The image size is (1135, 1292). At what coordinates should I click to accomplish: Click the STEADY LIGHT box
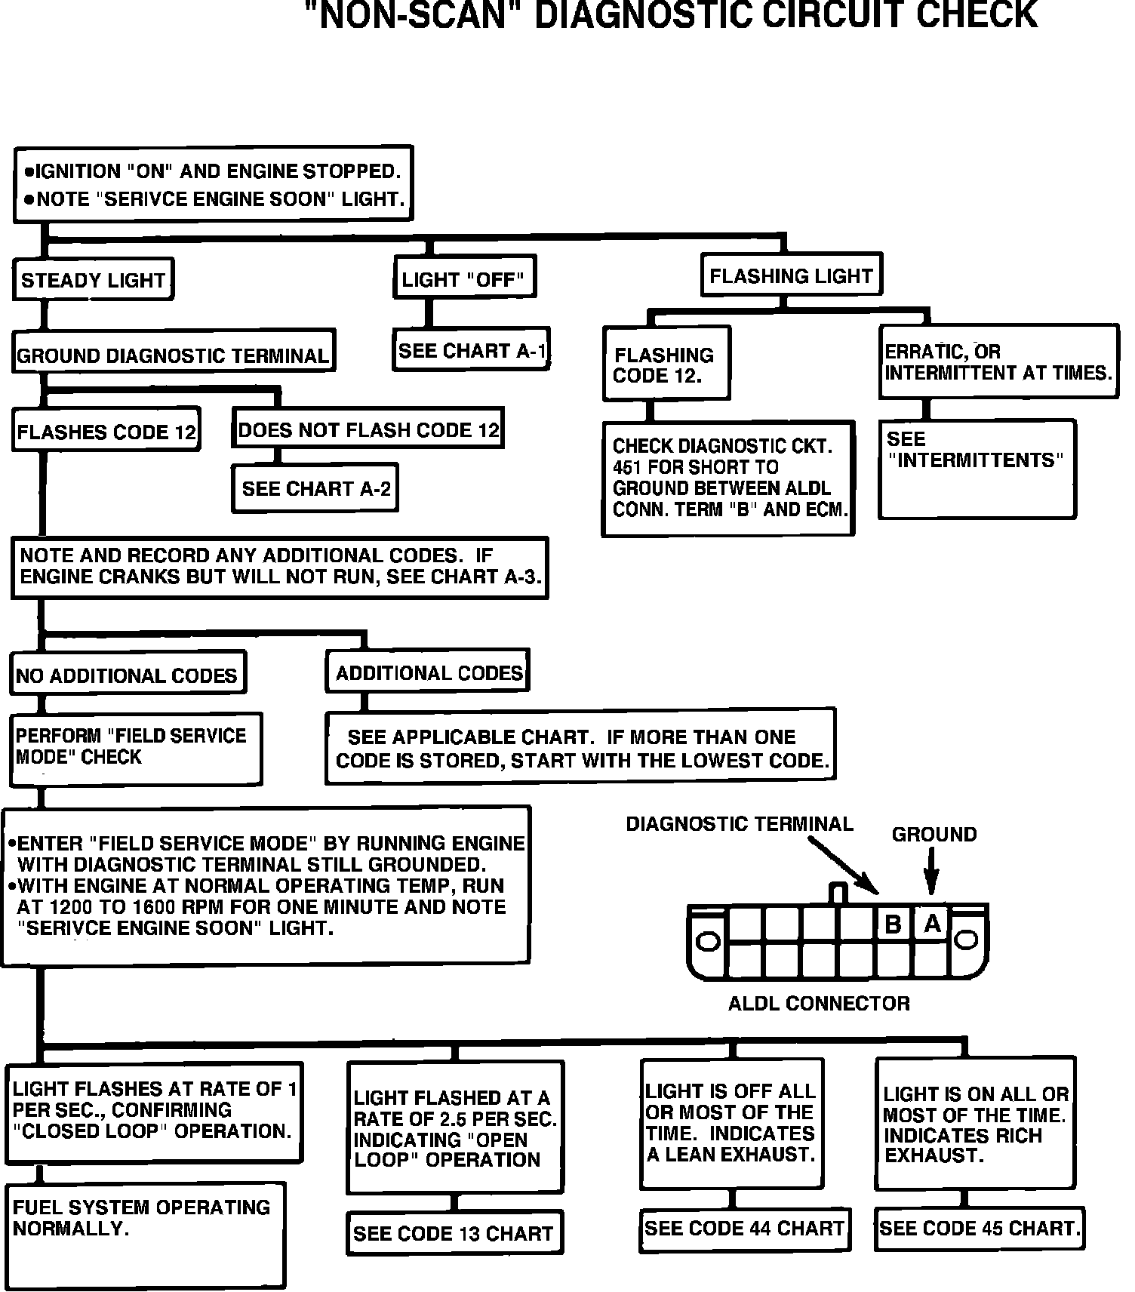pyautogui.click(x=94, y=280)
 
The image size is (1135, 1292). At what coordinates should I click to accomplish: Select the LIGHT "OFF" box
pyautogui.click(x=463, y=280)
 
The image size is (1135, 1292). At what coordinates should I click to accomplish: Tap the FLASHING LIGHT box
pyautogui.click(x=791, y=275)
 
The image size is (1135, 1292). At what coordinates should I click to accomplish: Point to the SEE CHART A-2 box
pyautogui.click(x=315, y=488)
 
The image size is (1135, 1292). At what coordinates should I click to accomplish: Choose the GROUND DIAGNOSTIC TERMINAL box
pyautogui.click(x=173, y=355)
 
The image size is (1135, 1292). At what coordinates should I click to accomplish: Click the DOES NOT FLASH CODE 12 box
pyautogui.click(x=368, y=430)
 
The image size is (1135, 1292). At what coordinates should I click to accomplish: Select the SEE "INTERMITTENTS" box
pyautogui.click(x=977, y=468)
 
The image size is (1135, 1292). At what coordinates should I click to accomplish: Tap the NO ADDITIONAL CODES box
pyautogui.click(x=127, y=675)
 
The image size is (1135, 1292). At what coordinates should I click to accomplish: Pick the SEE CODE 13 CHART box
pyautogui.click(x=454, y=1233)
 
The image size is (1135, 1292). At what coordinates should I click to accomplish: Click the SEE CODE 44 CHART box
pyautogui.click(x=744, y=1229)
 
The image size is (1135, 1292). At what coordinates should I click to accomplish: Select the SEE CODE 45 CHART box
pyautogui.click(x=979, y=1229)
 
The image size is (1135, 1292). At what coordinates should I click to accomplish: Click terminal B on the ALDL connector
pyautogui.click(x=894, y=924)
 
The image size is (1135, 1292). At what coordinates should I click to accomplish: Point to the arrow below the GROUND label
pyautogui.click(x=933, y=872)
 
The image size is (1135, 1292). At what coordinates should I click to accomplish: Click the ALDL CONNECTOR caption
pyautogui.click(x=819, y=1003)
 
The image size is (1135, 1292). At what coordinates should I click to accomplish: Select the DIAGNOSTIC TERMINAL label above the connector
pyautogui.click(x=740, y=824)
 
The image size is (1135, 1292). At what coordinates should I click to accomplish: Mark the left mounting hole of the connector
pyautogui.click(x=708, y=941)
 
